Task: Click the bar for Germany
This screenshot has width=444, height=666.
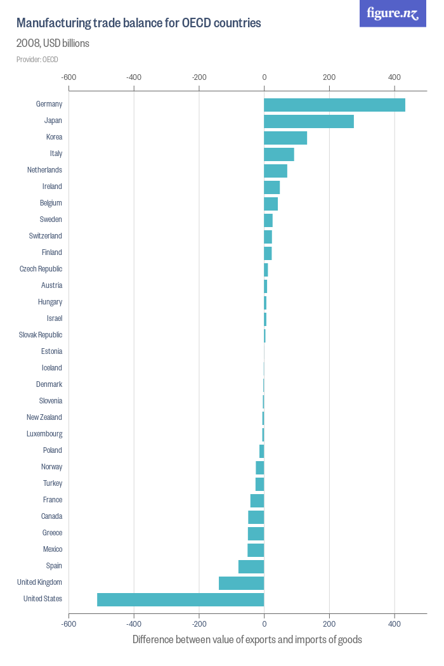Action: tap(334, 105)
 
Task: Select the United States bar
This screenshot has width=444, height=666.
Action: tap(180, 599)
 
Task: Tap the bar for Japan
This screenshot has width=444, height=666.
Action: tap(308, 121)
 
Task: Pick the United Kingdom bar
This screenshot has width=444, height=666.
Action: tap(241, 583)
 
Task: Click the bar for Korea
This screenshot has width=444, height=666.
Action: tap(285, 138)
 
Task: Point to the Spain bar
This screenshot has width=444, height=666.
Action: tap(251, 566)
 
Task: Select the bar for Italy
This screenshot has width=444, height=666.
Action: tap(279, 154)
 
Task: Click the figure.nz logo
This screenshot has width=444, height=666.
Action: tap(393, 13)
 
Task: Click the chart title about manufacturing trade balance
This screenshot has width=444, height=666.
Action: tap(138, 23)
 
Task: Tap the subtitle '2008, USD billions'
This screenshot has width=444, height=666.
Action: tap(53, 44)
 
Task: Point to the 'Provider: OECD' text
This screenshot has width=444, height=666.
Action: tap(37, 60)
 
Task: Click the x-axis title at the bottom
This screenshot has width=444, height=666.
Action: tap(247, 639)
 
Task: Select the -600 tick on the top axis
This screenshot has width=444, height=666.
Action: tap(69, 77)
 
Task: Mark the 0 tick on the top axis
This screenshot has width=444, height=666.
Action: tap(264, 77)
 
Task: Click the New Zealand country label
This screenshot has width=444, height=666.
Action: tap(44, 417)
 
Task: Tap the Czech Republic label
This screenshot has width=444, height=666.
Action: tap(41, 269)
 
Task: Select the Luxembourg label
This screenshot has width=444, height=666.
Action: tap(44, 434)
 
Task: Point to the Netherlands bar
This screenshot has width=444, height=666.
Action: tap(275, 171)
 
